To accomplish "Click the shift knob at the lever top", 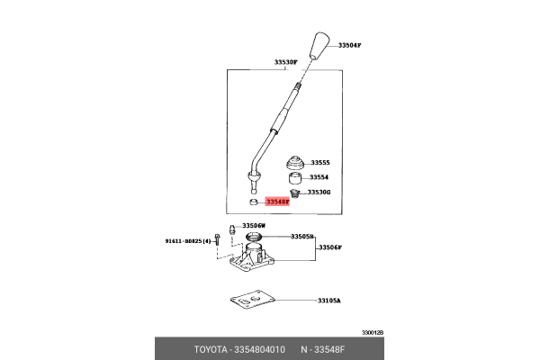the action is click(319, 46).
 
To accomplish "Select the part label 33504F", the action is click(349, 45).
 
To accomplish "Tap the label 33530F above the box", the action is click(285, 62).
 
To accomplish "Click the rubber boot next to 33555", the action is click(295, 163).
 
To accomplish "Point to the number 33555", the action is click(320, 163).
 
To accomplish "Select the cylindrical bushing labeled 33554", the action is click(295, 178).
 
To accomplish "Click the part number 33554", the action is click(319, 177).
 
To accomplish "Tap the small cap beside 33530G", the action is click(294, 193).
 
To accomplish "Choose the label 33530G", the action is click(319, 192).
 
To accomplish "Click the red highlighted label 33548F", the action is click(277, 202).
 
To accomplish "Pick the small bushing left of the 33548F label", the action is click(254, 202).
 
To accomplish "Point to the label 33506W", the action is click(254, 226).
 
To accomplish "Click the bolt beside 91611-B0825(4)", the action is click(217, 239).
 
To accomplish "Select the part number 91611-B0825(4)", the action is click(188, 241).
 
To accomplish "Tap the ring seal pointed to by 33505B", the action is click(254, 237).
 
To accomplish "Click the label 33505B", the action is click(302, 237).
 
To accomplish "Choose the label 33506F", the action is click(330, 247).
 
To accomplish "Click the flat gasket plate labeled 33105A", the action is click(252, 300).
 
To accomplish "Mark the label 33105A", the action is click(328, 301).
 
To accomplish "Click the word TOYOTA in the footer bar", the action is click(211, 350).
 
